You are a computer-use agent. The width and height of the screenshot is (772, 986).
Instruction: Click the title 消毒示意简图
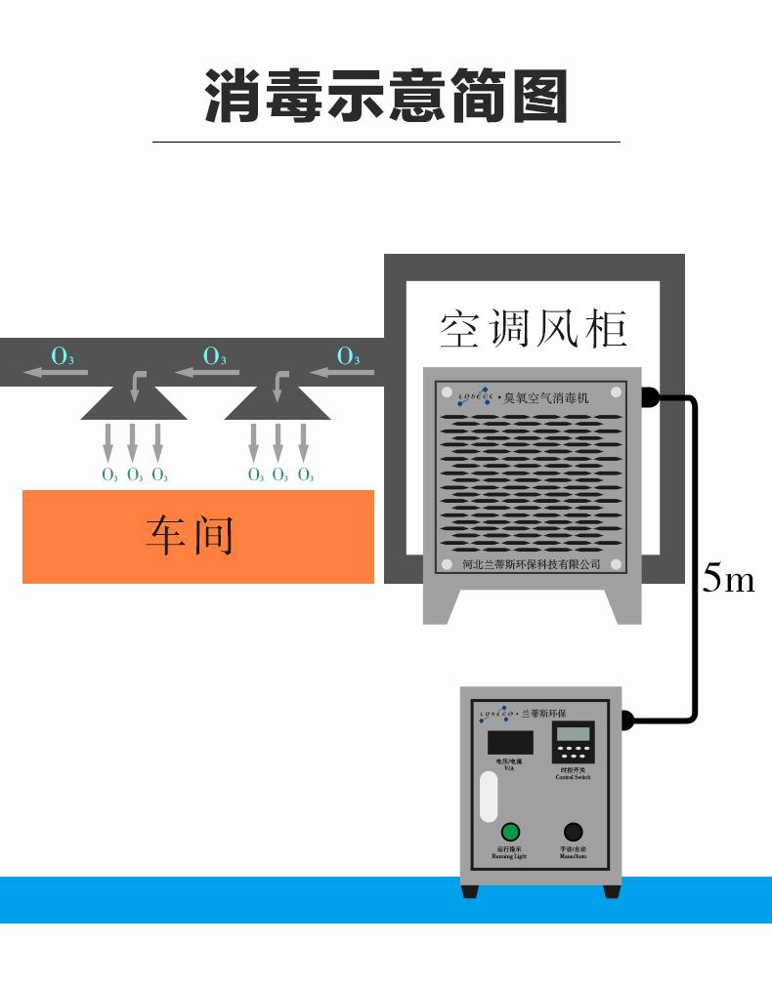click(386, 95)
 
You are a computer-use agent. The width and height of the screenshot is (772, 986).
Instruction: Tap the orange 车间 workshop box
click(197, 536)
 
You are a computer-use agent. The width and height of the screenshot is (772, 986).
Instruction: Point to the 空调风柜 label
click(533, 328)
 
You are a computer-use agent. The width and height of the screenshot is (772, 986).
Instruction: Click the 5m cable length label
click(728, 580)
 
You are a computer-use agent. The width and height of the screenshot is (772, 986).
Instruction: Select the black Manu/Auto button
click(574, 832)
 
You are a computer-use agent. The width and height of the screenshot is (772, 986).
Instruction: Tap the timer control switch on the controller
click(573, 743)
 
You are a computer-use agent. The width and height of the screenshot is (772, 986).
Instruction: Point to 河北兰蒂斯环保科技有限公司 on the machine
click(531, 564)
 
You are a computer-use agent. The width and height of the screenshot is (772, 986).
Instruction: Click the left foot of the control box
click(471, 891)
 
